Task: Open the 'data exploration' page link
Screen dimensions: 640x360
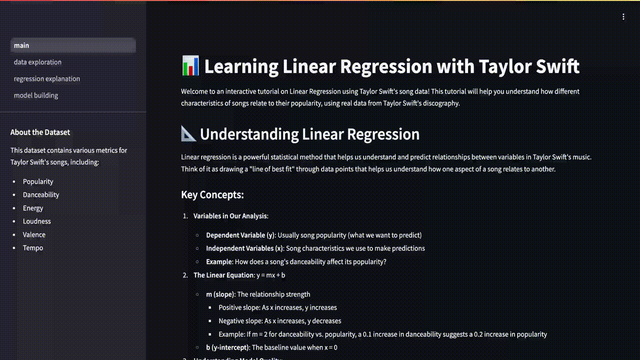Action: point(37,62)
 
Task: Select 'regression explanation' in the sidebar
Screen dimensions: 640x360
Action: point(47,78)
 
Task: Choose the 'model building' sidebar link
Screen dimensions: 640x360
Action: point(36,95)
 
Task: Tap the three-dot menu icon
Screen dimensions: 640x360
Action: point(623,17)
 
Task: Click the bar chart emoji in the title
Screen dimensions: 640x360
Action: point(190,65)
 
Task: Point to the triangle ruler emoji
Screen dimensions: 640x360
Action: point(188,133)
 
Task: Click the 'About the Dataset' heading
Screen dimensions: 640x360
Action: point(40,132)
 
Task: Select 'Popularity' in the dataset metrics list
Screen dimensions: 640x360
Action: point(38,181)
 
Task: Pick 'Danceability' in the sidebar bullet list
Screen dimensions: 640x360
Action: point(41,194)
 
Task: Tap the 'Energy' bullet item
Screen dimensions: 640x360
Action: point(33,208)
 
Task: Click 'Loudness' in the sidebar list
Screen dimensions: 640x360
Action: point(37,221)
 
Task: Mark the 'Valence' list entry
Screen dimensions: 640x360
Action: point(34,234)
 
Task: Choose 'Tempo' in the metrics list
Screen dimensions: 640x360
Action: point(33,247)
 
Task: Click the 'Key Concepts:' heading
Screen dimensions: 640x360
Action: point(212,194)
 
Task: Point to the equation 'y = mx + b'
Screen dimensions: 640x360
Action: point(270,275)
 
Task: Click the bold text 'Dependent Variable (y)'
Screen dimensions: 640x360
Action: point(241,235)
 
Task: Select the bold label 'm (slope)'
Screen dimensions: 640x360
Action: point(220,294)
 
